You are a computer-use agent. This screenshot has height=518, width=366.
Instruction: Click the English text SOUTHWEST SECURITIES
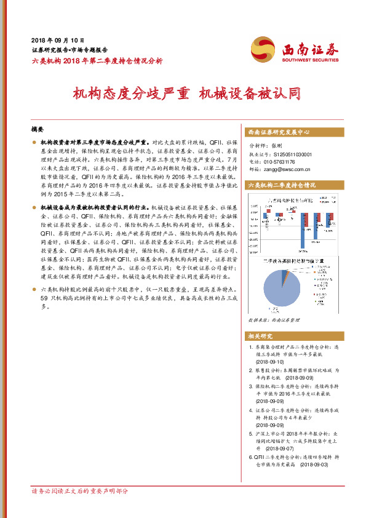click(x=309, y=61)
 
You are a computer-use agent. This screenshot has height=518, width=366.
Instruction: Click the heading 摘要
click(x=37, y=130)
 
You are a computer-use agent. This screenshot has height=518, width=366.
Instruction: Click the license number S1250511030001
click(x=289, y=154)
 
